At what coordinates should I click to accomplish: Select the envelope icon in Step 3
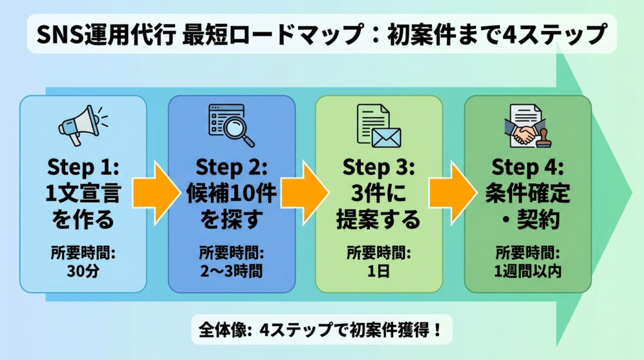[386, 135]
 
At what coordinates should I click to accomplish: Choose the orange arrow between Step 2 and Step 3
[305, 191]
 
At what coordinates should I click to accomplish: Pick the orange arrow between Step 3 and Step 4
[452, 191]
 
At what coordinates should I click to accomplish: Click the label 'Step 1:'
[82, 168]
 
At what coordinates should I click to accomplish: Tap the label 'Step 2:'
[231, 168]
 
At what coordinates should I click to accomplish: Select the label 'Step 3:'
[379, 168]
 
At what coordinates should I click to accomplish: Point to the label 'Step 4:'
[528, 168]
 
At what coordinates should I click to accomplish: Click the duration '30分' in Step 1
[82, 272]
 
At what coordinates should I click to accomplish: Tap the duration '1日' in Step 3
[379, 272]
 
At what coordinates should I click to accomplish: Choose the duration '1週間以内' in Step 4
[528, 272]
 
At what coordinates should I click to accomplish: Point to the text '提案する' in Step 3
[379, 220]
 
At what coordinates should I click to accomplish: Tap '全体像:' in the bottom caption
[226, 330]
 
